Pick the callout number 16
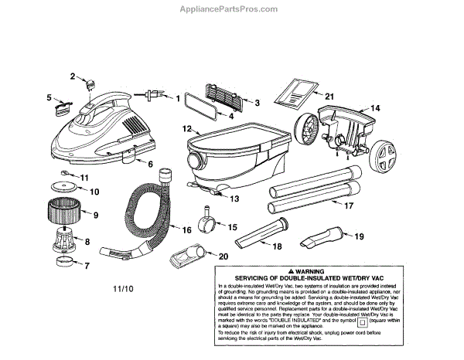click(186, 229)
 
